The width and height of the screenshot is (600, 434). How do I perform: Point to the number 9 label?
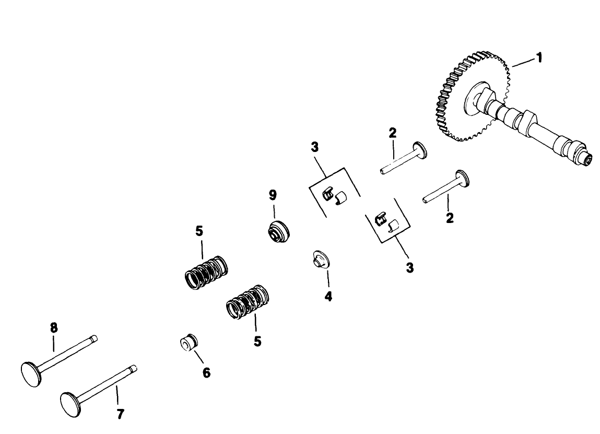273,195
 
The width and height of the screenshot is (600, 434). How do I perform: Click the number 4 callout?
328,296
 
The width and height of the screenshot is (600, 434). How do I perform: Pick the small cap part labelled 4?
319,259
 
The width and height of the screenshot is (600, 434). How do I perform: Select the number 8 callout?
54,327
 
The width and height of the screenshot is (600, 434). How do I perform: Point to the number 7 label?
120,414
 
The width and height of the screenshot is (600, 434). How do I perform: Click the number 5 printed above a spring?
199,231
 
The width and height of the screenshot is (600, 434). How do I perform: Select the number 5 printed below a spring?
257,341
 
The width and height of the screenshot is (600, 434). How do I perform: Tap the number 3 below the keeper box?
410,268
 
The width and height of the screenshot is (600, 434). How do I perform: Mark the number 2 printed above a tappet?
392,133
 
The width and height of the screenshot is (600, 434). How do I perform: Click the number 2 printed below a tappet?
450,217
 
